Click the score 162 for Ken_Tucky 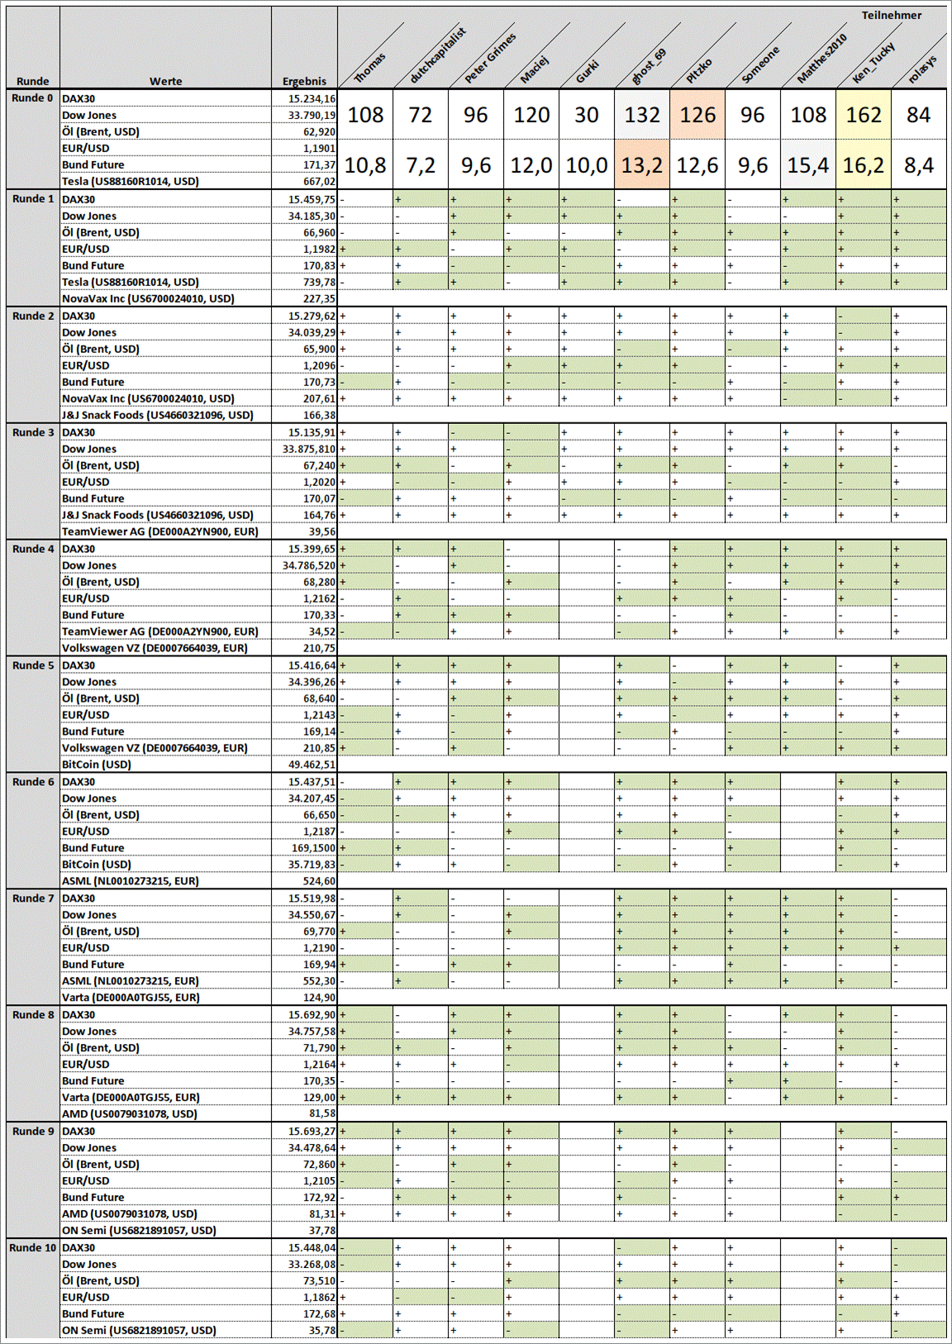pyautogui.click(x=863, y=115)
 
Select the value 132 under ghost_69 pyautogui.click(x=642, y=115)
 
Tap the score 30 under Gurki pyautogui.click(x=587, y=115)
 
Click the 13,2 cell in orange pyautogui.click(x=642, y=165)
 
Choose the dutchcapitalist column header pyautogui.click(x=438, y=55)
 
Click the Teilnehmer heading pyautogui.click(x=891, y=15)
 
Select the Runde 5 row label pyautogui.click(x=33, y=665)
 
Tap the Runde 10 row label pyautogui.click(x=33, y=1247)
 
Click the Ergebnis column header pyautogui.click(x=304, y=81)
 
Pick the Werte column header pyautogui.click(x=165, y=81)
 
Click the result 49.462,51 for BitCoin pyautogui.click(x=312, y=765)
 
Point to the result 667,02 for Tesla pyautogui.click(x=319, y=181)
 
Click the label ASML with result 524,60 pyautogui.click(x=131, y=881)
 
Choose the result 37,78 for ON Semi pyautogui.click(x=322, y=1230)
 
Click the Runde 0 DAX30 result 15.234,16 pyautogui.click(x=312, y=98)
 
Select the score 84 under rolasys pyautogui.click(x=918, y=115)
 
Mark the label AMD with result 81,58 pyautogui.click(x=130, y=1113)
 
